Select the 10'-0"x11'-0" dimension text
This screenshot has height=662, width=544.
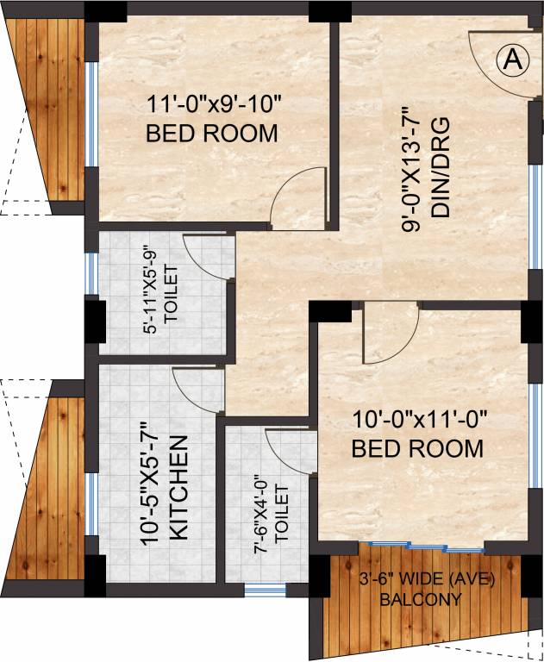coord(421,421)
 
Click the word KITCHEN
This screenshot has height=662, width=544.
coord(178,488)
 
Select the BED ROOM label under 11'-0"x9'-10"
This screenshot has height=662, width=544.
coord(211,134)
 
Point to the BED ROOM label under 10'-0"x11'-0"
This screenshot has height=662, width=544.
coord(416,448)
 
